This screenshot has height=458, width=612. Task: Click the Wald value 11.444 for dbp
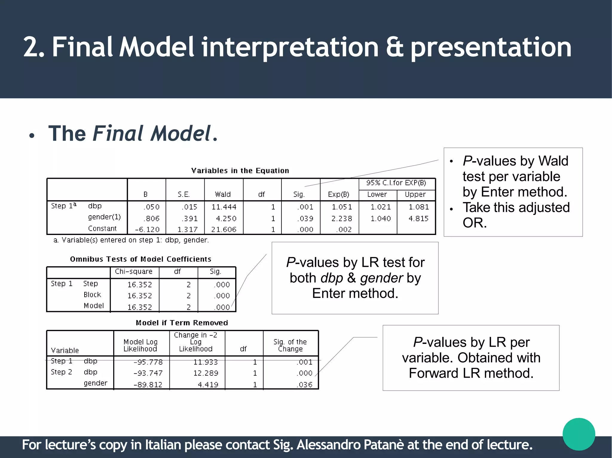tap(224, 207)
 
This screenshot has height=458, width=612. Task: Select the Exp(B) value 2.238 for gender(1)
tap(342, 219)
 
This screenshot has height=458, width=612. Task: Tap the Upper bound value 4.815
tap(418, 219)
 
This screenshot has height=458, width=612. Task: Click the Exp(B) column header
tap(338, 194)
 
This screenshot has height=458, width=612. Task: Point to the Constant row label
tap(102, 229)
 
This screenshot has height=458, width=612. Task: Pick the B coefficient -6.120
tap(147, 230)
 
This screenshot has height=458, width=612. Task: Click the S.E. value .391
tap(190, 219)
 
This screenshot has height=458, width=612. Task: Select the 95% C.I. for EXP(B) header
tap(396, 183)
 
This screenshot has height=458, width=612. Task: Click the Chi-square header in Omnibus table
tap(134, 271)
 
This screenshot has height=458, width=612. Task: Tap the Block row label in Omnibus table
tap(92, 295)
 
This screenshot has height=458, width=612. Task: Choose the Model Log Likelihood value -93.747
tap(148, 373)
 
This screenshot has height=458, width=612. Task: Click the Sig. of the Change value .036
tap(305, 385)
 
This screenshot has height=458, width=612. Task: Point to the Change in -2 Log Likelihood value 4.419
tap(208, 385)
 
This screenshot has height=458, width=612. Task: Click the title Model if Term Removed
tap(182, 323)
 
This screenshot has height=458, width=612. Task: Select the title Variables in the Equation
tap(240, 171)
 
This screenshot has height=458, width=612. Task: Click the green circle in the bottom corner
tap(579, 434)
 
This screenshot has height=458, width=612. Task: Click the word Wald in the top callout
tap(553, 161)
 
